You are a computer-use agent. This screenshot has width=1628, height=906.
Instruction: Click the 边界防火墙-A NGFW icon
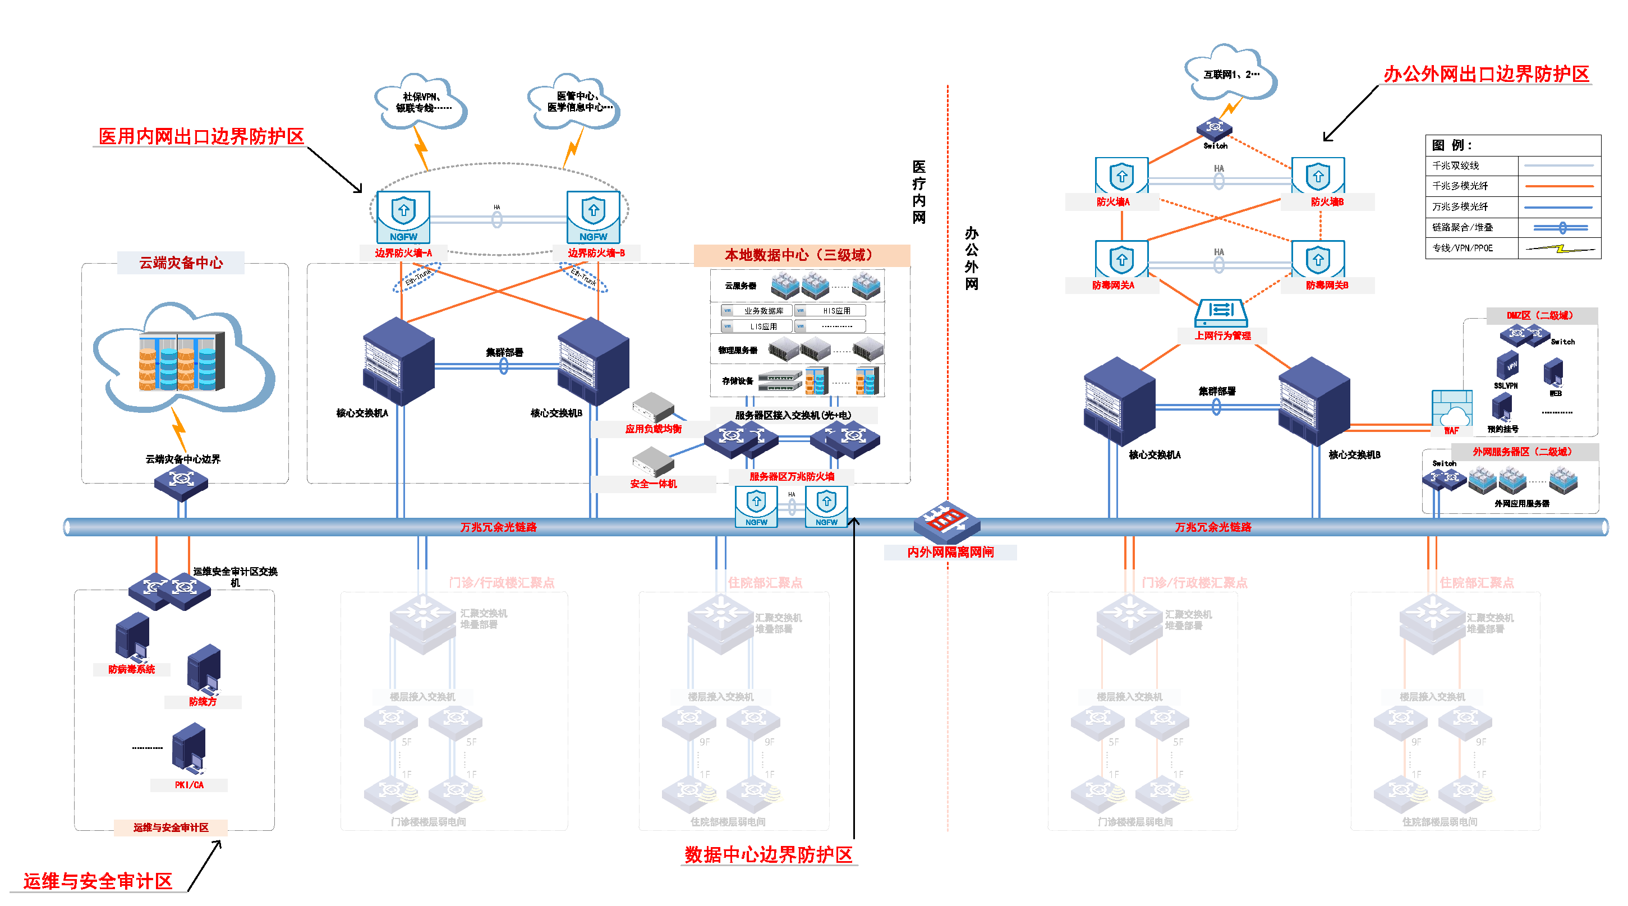point(403,217)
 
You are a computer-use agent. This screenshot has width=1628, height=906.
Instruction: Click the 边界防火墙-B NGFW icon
point(593,217)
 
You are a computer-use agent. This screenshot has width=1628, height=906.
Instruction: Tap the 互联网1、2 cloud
point(1230,73)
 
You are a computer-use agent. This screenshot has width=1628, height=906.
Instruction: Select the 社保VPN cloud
point(421,102)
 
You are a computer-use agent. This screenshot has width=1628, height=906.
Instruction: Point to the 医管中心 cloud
point(574,102)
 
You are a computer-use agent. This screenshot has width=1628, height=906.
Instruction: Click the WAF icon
point(1452,410)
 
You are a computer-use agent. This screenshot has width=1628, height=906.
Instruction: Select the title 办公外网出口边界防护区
point(1486,74)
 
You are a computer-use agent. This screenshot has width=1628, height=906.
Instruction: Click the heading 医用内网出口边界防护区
point(201,136)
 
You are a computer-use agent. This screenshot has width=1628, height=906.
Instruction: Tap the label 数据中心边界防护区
point(769,855)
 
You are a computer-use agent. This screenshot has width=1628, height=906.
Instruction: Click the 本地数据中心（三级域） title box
point(801,255)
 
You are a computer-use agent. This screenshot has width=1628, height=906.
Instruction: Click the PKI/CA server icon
point(188,749)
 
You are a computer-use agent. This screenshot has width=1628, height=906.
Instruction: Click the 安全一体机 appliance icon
point(653,461)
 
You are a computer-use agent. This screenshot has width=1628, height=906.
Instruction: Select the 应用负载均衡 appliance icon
point(653,407)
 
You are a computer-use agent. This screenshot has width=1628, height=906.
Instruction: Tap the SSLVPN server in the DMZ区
point(1507,366)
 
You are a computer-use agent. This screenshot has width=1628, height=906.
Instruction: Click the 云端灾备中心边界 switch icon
point(181,481)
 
